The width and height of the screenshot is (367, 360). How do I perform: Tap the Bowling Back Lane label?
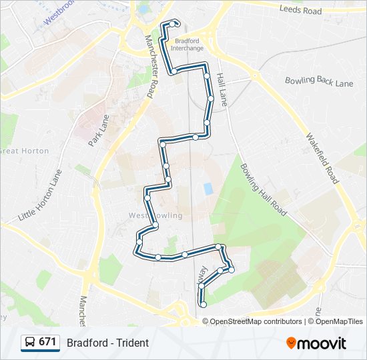click(318, 81)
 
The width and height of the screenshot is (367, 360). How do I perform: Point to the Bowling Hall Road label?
click(263, 190)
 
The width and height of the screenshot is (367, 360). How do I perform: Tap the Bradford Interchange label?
click(187, 44)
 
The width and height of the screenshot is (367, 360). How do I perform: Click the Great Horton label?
click(25, 151)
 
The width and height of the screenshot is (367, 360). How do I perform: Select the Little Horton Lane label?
click(39, 195)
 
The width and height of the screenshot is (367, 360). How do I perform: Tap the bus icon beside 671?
click(30, 343)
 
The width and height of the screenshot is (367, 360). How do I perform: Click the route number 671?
click(47, 342)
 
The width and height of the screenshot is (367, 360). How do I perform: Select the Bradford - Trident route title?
click(107, 343)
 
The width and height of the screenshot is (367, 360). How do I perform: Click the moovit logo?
click(316, 343)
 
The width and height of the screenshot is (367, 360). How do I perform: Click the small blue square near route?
click(208, 189)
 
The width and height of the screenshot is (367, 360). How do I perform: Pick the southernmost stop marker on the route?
click(203, 305)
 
